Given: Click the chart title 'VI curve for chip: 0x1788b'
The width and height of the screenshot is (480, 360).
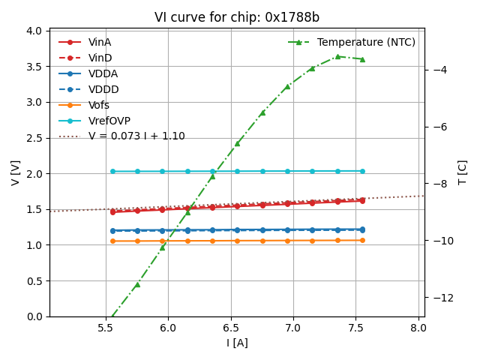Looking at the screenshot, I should pyautogui.click(x=236, y=17).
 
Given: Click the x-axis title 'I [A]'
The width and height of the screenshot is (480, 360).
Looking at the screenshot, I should pyautogui.click(x=236, y=343).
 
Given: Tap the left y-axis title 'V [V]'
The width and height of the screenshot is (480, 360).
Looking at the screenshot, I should pyautogui.click(x=16, y=172).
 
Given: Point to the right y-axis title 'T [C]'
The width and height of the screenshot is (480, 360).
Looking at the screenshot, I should pyautogui.click(x=463, y=172).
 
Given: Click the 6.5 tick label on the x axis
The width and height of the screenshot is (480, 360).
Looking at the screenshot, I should pyautogui.click(x=230, y=328).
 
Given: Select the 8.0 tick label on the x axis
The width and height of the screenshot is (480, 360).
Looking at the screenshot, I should pyautogui.click(x=418, y=328).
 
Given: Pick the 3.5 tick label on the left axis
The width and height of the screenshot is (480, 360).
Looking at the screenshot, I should pyautogui.click(x=34, y=67).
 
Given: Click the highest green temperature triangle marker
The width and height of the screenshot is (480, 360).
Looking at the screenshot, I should pyautogui.click(x=337, y=56).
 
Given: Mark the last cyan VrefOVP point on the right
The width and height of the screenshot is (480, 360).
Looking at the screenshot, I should pyautogui.click(x=362, y=171).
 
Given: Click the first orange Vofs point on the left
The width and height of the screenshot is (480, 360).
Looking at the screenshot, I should pyautogui.click(x=112, y=241).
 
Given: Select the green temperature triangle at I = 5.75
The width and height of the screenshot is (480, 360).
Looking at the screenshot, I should pyautogui.click(x=137, y=284).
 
